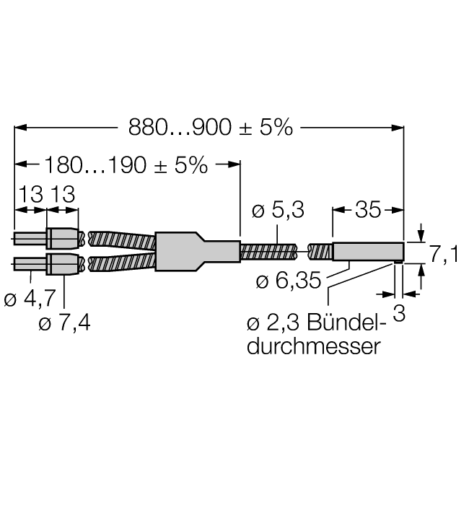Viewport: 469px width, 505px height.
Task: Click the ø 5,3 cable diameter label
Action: click(278, 211)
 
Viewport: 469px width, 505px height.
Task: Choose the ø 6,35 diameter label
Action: click(288, 281)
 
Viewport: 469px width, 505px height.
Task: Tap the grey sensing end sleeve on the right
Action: click(367, 251)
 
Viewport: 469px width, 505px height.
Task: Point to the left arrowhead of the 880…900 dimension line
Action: click(20, 128)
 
